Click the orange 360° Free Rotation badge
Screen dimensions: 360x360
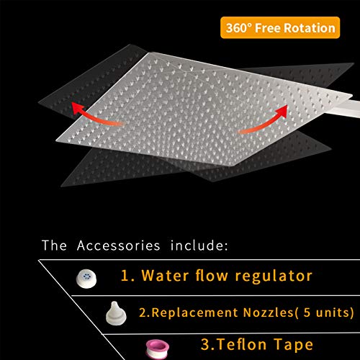tap(280, 27)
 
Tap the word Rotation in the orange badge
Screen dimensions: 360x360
tap(310, 28)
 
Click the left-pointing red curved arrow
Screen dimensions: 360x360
tap(95, 115)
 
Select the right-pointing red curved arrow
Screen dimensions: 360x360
tap(265, 121)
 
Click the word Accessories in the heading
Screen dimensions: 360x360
tap(118, 246)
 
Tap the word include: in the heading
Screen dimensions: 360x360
tap(199, 246)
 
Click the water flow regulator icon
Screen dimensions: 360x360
tap(86, 279)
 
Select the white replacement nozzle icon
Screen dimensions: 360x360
tap(116, 313)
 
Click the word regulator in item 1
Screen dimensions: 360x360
tap(274, 276)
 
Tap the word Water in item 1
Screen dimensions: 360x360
tap(165, 275)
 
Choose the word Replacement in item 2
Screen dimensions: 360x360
tap(195, 312)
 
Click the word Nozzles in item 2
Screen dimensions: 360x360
tap(268, 312)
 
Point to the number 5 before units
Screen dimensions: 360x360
tap(307, 312)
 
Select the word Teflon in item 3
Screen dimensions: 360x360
tap(242, 344)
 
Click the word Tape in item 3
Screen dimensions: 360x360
tap(294, 346)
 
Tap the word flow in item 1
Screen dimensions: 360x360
tap(212, 275)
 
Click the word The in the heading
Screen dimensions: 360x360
tap(54, 246)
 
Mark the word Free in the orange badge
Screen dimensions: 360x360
tap(268, 28)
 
